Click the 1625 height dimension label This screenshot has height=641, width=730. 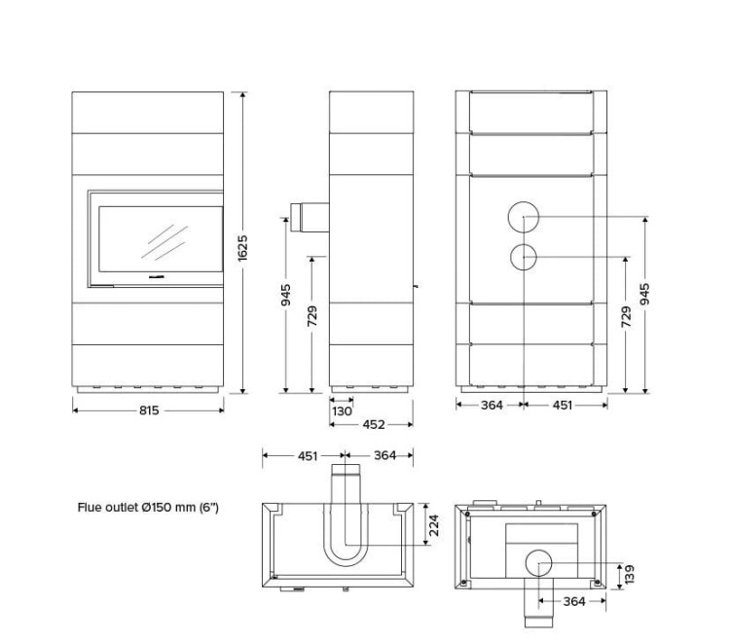[x=242, y=248]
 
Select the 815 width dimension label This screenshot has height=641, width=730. [x=149, y=410]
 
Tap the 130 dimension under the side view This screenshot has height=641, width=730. [x=342, y=411]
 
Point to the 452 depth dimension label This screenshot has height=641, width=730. [x=374, y=424]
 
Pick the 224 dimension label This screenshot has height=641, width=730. [x=434, y=525]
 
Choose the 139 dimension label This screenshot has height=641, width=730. [x=629, y=575]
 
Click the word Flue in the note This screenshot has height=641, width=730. [x=89, y=507]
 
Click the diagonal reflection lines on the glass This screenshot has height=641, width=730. [x=164, y=241]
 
